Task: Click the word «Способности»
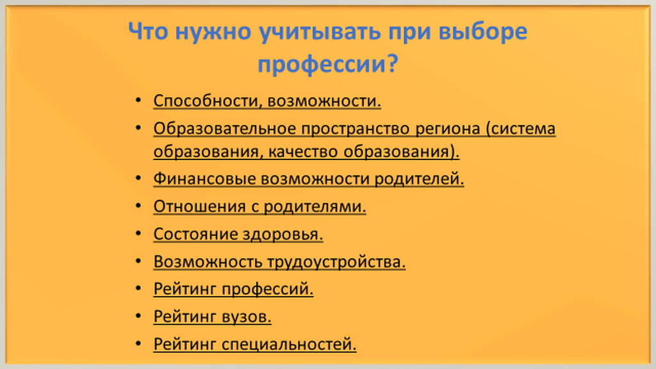208,101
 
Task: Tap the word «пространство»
356,129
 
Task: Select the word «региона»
448,129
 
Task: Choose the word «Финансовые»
204,179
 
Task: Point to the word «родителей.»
419,179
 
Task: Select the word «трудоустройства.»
336,262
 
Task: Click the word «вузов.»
247,316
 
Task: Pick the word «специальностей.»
289,345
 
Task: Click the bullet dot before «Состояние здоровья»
138,233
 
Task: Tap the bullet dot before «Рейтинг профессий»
138,288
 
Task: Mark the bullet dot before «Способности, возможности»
138,100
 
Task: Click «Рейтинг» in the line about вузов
185,316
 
